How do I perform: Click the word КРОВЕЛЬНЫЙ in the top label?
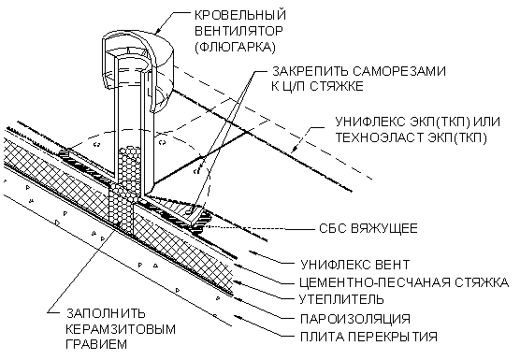click(239, 15)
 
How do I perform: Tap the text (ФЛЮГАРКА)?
click(235, 47)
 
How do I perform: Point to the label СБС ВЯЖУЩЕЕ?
click(368, 228)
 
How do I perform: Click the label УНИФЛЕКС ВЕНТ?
click(355, 265)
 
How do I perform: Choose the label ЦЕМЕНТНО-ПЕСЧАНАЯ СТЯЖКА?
click(404, 282)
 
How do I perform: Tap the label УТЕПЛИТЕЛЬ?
click(341, 299)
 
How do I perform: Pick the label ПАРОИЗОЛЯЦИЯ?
click(355, 319)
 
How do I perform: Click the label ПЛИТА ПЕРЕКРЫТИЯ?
click(368, 337)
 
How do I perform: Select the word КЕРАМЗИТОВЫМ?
click(121, 329)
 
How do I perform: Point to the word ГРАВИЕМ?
click(96, 344)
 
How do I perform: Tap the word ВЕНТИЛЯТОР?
click(238, 31)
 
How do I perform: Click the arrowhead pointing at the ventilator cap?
click(159, 31)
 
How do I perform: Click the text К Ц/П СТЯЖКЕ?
click(317, 87)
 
